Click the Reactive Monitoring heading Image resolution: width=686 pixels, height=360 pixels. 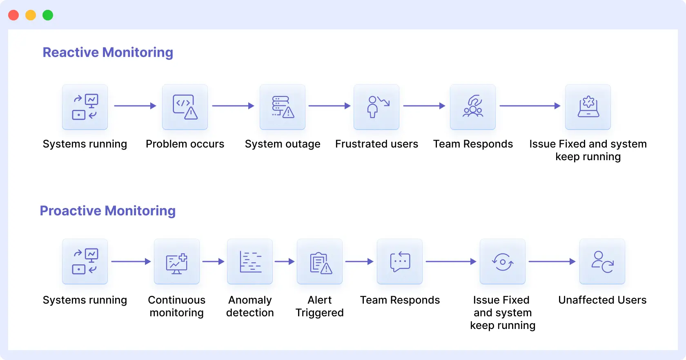click(108, 52)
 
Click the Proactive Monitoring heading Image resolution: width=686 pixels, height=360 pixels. click(108, 210)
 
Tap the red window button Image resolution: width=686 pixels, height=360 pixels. click(13, 15)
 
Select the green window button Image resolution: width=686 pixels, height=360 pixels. click(48, 15)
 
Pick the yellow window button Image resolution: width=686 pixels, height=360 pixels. click(31, 15)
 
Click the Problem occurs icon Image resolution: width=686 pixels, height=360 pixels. click(185, 107)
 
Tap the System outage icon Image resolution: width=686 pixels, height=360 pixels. click(283, 107)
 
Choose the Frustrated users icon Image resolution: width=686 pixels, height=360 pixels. click(376, 107)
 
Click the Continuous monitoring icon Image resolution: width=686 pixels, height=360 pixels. click(177, 262)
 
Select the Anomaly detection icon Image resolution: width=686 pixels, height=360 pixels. click(250, 262)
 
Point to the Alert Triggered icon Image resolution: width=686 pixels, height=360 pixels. click(320, 262)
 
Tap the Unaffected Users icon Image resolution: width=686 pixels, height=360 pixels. click(602, 262)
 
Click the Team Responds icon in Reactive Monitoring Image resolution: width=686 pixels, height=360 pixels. click(473, 107)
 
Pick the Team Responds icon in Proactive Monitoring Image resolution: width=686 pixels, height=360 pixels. click(400, 262)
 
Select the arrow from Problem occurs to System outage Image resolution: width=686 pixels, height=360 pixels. click(233, 106)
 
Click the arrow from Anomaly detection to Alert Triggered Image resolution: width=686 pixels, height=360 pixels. click(285, 262)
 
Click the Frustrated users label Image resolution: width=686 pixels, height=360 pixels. click(376, 144)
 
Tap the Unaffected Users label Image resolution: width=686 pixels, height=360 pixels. click(602, 300)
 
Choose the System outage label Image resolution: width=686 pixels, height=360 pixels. click(283, 144)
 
